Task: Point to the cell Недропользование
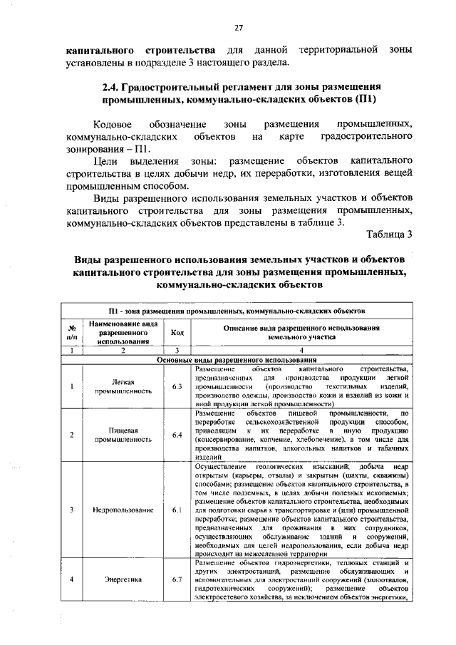tap(123, 510)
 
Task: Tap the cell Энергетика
tap(123, 579)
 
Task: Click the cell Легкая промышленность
tap(123, 386)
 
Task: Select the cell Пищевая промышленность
tap(123, 434)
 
